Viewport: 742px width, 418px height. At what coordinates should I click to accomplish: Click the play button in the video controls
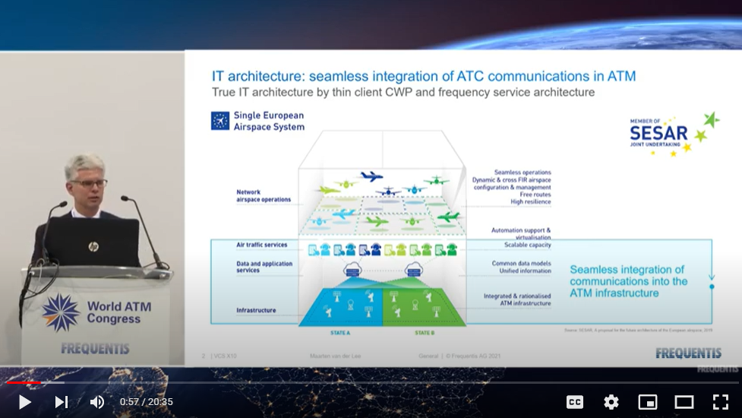[x=24, y=402]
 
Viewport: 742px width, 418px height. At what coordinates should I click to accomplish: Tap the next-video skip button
[x=61, y=402]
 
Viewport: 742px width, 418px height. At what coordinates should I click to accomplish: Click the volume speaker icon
[x=97, y=402]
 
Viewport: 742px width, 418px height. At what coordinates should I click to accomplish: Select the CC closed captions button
[x=575, y=402]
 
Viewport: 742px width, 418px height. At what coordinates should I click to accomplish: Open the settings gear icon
[x=611, y=402]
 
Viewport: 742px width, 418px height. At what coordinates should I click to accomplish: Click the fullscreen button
[x=720, y=402]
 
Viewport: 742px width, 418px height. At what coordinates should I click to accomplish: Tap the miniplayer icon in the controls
[x=648, y=402]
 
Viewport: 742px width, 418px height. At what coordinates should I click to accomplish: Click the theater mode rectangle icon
[x=684, y=402]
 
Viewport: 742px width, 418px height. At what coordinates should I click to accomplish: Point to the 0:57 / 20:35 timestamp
[x=146, y=402]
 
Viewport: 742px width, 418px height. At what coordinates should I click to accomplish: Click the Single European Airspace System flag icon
[x=220, y=121]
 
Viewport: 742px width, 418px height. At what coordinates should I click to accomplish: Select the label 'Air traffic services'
[x=261, y=245]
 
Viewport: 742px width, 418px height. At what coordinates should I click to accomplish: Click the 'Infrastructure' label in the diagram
[x=256, y=310]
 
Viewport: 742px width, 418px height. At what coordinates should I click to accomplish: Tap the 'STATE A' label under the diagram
[x=339, y=333]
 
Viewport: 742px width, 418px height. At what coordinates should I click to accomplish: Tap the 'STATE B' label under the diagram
[x=425, y=333]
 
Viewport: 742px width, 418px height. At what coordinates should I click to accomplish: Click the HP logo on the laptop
[x=93, y=246]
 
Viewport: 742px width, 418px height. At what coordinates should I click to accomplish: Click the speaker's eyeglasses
[x=89, y=183]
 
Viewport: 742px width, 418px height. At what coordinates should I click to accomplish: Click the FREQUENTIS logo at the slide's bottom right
[x=689, y=353]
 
